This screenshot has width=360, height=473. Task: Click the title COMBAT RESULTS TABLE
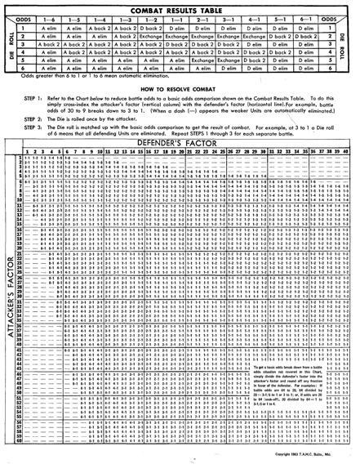[x=180, y=5]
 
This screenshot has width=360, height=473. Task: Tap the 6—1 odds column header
[x=307, y=16]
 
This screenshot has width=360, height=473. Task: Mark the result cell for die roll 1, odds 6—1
[x=307, y=26]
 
